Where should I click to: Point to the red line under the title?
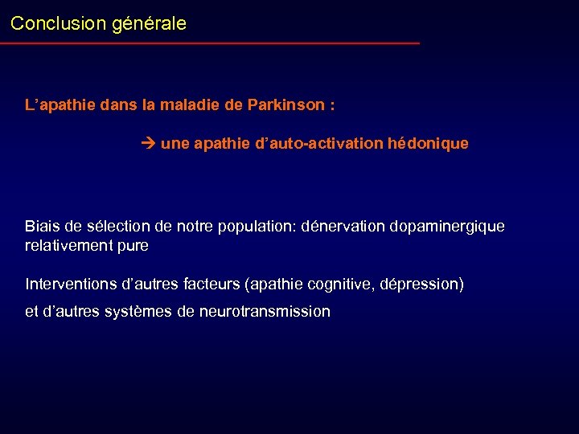210,43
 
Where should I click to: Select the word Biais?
42,227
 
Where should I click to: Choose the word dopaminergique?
447,227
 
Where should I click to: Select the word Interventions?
71,285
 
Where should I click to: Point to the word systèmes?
137,312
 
